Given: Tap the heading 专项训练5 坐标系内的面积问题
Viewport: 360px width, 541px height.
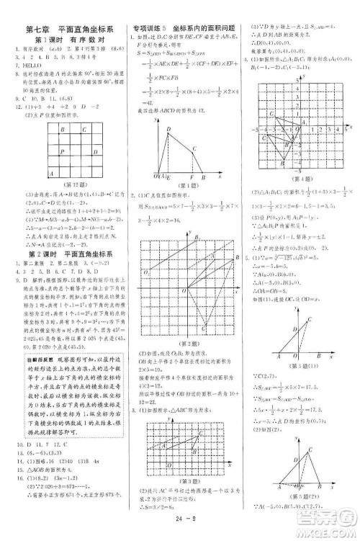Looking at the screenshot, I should (179, 29).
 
